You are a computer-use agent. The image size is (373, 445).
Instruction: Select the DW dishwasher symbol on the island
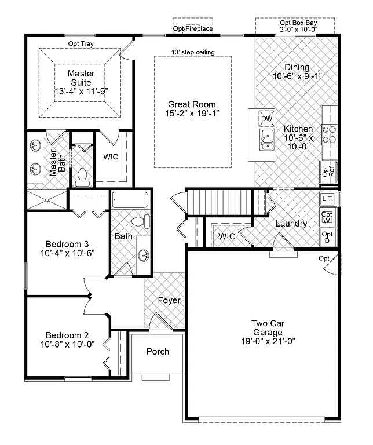pyautogui.click(x=266, y=118)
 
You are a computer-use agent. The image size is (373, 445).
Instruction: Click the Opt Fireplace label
pyautogui.click(x=193, y=28)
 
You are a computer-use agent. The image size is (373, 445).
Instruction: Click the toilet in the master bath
pyautogui.click(x=82, y=176)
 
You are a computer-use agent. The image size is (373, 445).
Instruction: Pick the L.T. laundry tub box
pyautogui.click(x=327, y=199)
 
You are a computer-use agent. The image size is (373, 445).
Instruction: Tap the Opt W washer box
pyautogui.click(x=327, y=218)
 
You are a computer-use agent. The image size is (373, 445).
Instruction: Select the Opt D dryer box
pyautogui.click(x=327, y=237)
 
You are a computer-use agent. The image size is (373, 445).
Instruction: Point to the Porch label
pyautogui.click(x=158, y=352)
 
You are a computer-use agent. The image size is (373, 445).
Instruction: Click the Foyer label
pyautogui.click(x=169, y=301)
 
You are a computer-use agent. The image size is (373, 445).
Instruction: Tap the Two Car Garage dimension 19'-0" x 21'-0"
pyautogui.click(x=267, y=341)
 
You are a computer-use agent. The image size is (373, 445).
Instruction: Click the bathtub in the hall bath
pyautogui.click(x=130, y=201)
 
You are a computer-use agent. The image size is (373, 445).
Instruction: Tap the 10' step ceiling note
pyautogui.click(x=193, y=53)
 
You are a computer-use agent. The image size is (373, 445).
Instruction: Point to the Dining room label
pyautogui.click(x=297, y=67)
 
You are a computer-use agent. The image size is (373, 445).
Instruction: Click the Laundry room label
pyautogui.click(x=291, y=224)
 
